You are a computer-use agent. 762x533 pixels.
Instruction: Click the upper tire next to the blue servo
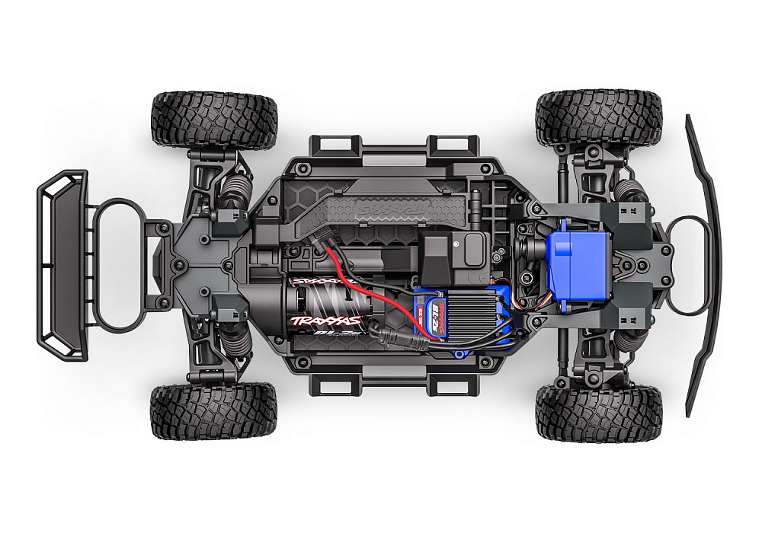599,118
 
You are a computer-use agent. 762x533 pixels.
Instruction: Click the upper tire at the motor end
214,120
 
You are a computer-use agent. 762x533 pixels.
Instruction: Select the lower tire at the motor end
214,411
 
